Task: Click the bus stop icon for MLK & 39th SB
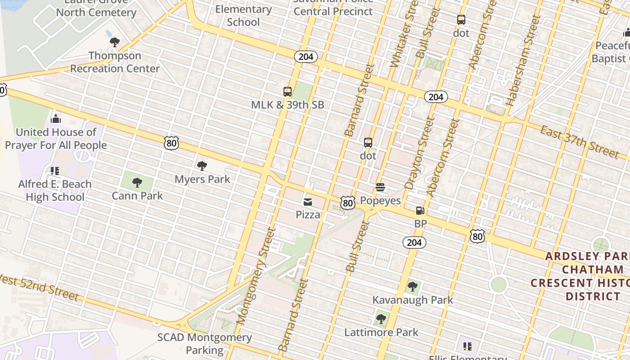pyautogui.click(x=288, y=92)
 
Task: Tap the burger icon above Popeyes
pyautogui.click(x=380, y=187)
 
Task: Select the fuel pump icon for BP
pyautogui.click(x=420, y=210)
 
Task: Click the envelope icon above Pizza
pyautogui.click(x=308, y=202)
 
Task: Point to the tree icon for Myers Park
pyautogui.click(x=202, y=166)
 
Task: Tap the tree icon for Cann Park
pyautogui.click(x=137, y=183)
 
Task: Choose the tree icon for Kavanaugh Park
pyautogui.click(x=412, y=287)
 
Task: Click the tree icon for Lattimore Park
pyautogui.click(x=381, y=319)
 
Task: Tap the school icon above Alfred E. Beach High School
pyautogui.click(x=55, y=171)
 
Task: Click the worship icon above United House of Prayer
pyautogui.click(x=56, y=119)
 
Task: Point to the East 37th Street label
pyautogui.click(x=580, y=142)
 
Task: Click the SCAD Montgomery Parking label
pyautogui.click(x=205, y=343)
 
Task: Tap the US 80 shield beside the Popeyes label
pyautogui.click(x=347, y=203)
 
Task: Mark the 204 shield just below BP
pyautogui.click(x=414, y=243)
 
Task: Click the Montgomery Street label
pyautogui.click(x=256, y=275)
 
